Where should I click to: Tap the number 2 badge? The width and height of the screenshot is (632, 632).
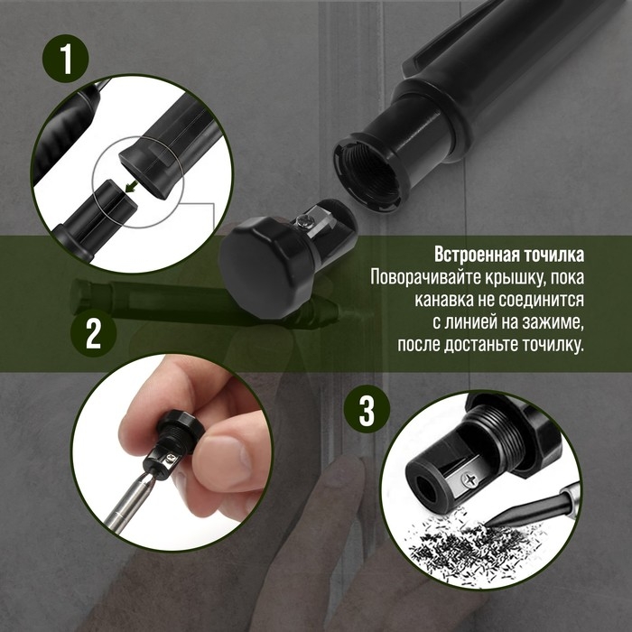(x=93, y=333)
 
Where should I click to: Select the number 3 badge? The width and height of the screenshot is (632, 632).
(x=367, y=412)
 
